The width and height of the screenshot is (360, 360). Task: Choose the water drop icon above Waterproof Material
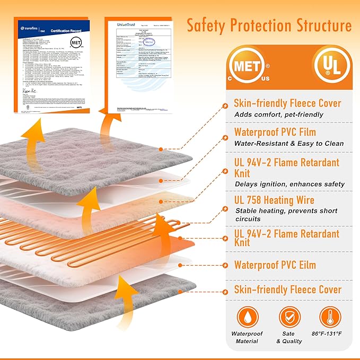(247, 316)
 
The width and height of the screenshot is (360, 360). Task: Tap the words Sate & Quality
(288, 337)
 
